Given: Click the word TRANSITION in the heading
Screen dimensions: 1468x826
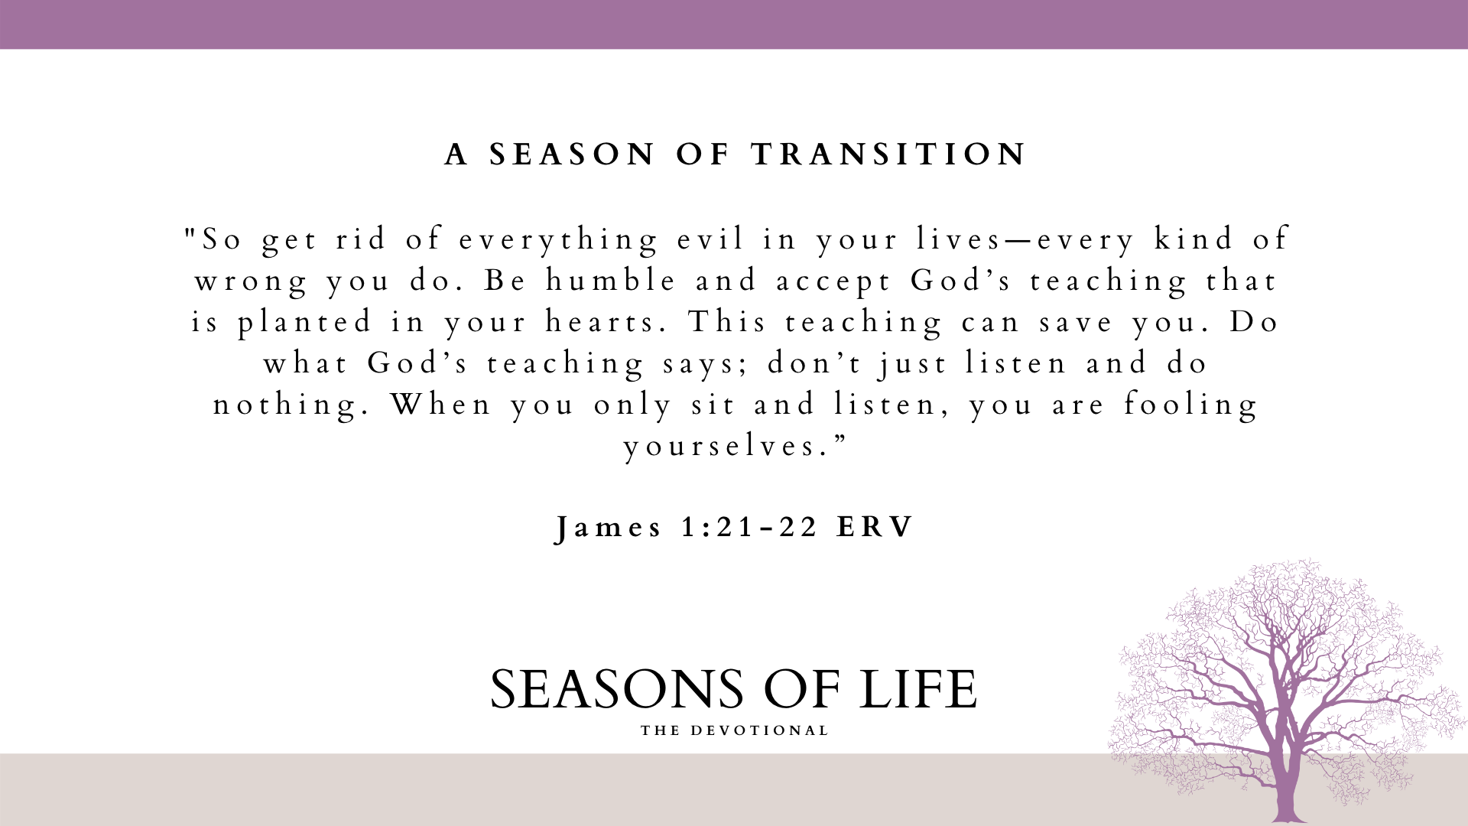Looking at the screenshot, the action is (x=889, y=154).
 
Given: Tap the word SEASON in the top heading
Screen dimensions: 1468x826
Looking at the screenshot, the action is (x=573, y=154).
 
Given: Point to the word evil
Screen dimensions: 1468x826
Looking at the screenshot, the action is (x=711, y=239).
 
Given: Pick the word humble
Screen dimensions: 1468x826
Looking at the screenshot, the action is (x=611, y=281).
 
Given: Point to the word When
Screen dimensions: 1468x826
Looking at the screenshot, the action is (x=441, y=404).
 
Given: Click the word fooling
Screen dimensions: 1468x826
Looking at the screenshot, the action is (x=1191, y=405).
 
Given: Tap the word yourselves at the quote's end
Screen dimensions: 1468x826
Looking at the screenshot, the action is (x=726, y=447).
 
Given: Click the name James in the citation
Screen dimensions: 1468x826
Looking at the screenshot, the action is (x=609, y=528).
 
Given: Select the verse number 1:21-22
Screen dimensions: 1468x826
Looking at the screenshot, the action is (x=750, y=528).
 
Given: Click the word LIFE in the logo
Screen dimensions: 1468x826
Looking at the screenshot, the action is (x=917, y=690).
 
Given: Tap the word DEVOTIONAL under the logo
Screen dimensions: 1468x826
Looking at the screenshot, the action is (x=760, y=731).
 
